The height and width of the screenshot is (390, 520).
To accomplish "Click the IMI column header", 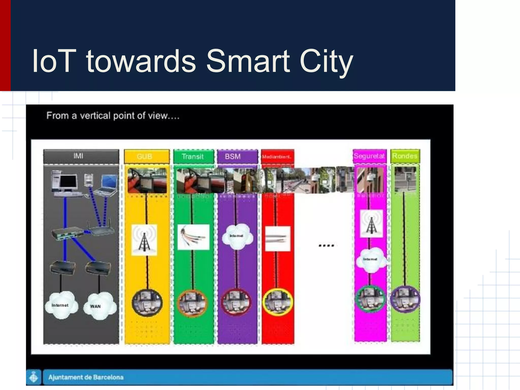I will click(78, 156).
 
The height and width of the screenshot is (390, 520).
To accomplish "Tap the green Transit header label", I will click(193, 156).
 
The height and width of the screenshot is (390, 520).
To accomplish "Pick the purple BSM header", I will click(233, 156).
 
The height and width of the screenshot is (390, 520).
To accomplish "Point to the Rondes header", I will click(405, 156).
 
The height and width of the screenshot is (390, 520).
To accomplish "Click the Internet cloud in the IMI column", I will click(61, 305).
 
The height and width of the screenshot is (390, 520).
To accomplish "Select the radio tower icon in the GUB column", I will click(144, 240).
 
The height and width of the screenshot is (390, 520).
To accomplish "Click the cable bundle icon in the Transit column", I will click(193, 237).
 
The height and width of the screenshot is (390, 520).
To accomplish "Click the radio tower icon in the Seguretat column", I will click(371, 224).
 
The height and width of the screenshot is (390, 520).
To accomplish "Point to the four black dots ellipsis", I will click(326, 246).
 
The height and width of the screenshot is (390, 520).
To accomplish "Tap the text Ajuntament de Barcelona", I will click(86, 377).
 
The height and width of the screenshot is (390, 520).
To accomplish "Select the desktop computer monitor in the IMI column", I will click(68, 182).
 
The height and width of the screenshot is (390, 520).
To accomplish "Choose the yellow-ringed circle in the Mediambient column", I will click(278, 302).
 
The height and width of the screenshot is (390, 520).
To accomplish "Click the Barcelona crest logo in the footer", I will click(34, 377).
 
